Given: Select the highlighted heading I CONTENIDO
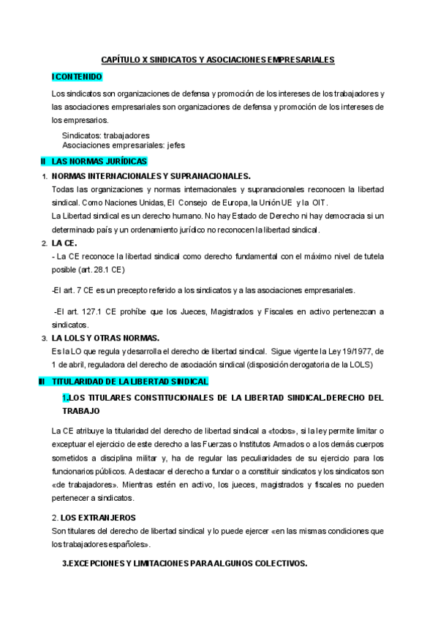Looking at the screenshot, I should (x=77, y=76).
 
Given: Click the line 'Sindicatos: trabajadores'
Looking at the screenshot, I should (x=106, y=135).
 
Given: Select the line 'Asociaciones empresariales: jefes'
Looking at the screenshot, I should (x=124, y=145).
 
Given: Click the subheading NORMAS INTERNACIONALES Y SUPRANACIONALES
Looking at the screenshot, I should (x=151, y=176).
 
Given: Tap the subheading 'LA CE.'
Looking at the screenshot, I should (x=64, y=243).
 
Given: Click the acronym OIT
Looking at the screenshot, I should (x=319, y=203).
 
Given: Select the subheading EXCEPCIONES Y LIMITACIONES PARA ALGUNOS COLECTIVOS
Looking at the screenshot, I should (x=186, y=564).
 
